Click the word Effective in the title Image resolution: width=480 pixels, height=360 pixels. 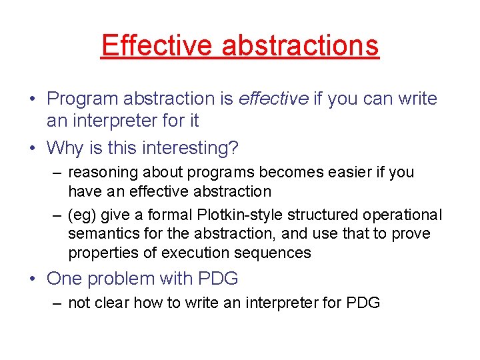[157, 45]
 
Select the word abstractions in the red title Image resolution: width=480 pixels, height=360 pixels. [300, 45]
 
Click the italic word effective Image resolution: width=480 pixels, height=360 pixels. [273, 99]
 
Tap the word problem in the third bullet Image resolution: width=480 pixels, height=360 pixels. [119, 278]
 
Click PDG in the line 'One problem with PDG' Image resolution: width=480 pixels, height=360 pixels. [220, 278]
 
